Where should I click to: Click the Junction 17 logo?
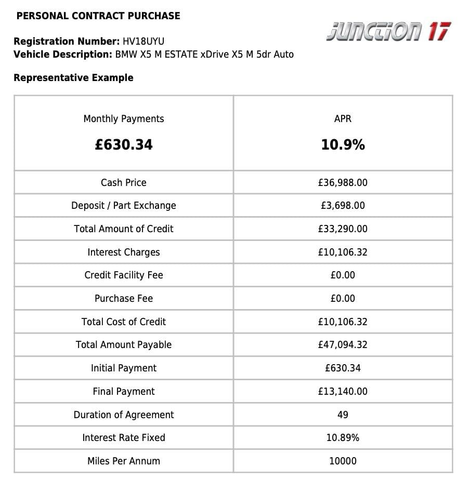tap(388, 32)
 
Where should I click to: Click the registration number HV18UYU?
tap(144, 42)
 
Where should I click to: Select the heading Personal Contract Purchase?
tap(98, 16)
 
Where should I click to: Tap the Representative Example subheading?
tap(73, 78)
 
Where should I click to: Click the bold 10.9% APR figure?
tap(343, 144)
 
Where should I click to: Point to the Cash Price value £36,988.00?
tap(343, 182)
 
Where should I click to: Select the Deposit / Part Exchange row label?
tap(124, 206)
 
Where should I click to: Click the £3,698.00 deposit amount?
tap(343, 206)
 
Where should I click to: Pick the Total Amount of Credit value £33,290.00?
tap(343, 229)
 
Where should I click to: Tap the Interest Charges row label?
tap(124, 252)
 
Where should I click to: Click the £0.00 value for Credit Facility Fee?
tap(343, 275)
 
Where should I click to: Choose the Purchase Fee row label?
tap(124, 299)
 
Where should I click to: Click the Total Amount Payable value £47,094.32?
tap(343, 345)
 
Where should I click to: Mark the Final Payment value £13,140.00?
tap(343, 392)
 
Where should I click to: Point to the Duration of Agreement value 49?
tap(343, 415)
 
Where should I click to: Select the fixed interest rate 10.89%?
tap(343, 438)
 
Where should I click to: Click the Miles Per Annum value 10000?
tap(343, 461)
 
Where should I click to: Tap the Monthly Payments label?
tap(124, 119)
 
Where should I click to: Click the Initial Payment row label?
tap(124, 368)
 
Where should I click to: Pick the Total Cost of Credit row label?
tap(124, 322)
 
